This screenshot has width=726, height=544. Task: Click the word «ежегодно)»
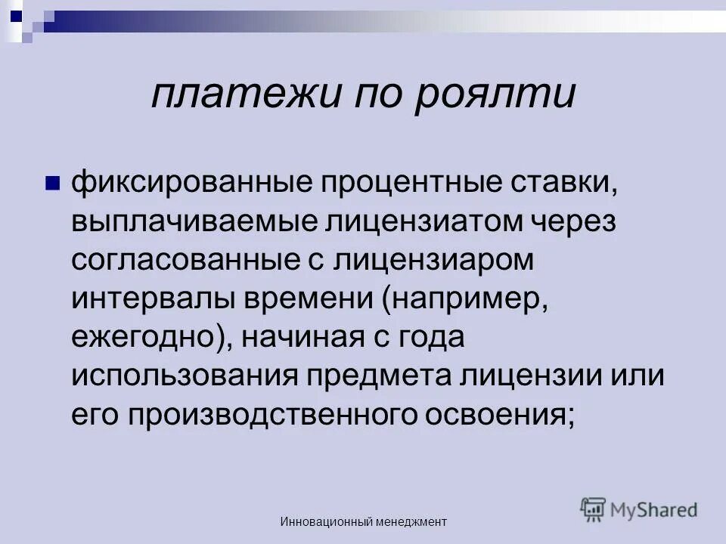pos(152,337)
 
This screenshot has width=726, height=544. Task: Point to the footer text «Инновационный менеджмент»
pos(364,521)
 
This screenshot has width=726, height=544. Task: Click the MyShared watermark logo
pos(639,510)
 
